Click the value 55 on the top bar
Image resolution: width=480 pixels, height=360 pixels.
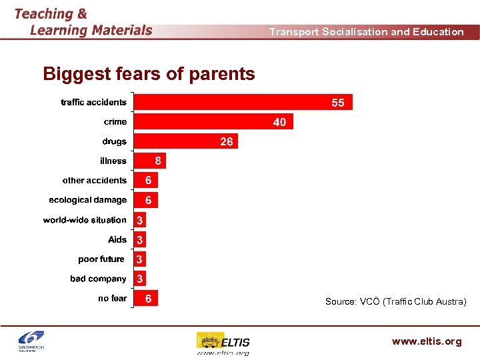pos(338,103)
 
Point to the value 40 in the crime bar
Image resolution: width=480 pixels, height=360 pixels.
pos(279,122)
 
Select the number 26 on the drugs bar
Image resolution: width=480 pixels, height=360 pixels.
pos(227,141)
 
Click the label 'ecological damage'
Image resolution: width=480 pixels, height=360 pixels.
pos(87,200)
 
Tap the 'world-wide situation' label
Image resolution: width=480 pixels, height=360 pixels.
pos(85,220)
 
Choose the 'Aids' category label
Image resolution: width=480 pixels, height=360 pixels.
pos(117,239)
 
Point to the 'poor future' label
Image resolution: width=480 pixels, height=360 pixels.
pos(101,259)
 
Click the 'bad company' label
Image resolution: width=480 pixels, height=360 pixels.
pos(98,279)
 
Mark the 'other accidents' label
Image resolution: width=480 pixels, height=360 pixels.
pos(94,181)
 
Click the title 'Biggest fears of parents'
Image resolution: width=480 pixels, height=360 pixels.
pos(149,74)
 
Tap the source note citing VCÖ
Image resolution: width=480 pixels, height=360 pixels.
pos(395,302)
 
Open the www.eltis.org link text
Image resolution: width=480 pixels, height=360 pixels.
pos(427,341)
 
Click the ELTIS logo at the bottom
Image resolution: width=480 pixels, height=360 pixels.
pos(223,343)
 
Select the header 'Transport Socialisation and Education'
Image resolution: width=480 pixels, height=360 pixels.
pos(366,32)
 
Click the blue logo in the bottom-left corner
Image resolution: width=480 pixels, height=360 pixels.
pos(35,341)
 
